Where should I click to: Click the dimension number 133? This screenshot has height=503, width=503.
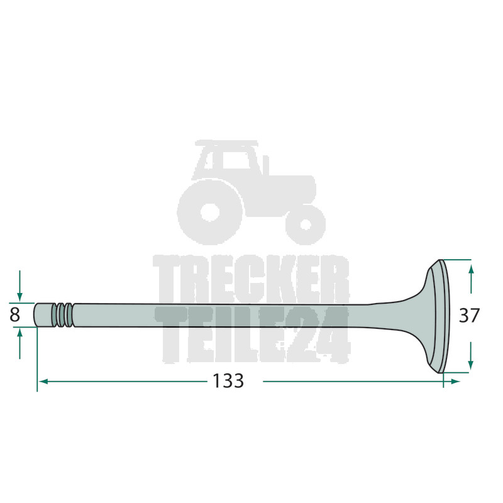pos(228,381)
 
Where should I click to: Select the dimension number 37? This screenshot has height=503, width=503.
pos(469,316)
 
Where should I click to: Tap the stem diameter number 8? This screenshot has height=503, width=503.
pos(14,315)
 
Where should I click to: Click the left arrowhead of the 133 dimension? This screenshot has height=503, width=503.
pos(43,382)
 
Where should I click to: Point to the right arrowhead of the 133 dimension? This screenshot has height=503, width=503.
pos(455,382)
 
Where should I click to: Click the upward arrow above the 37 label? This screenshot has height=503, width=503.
pos(470,279)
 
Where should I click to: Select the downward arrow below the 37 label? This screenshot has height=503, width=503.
pos(470,355)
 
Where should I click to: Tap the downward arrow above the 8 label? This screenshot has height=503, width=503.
pos(20,286)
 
